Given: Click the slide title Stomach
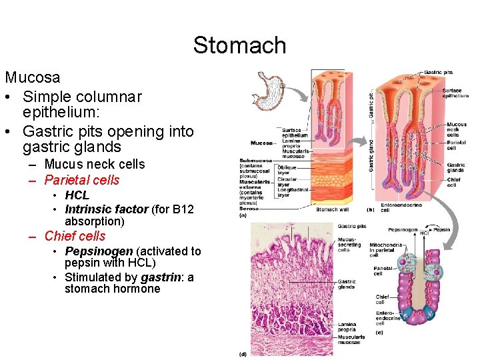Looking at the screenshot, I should [239, 45].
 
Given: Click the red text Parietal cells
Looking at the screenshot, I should [82, 180].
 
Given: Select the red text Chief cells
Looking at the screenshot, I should [75, 236].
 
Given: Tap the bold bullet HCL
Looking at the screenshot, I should [77, 195].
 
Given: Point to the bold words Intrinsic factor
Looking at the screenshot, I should [106, 209].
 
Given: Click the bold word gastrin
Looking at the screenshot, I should [159, 277].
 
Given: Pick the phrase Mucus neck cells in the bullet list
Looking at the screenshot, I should [94, 164].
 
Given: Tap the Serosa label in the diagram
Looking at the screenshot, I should [250, 209].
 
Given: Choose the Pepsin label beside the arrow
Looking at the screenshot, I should [441, 229].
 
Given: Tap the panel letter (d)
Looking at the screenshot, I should [243, 354].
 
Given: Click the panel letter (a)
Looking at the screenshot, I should [244, 215].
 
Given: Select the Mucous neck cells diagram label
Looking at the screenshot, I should [457, 129].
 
